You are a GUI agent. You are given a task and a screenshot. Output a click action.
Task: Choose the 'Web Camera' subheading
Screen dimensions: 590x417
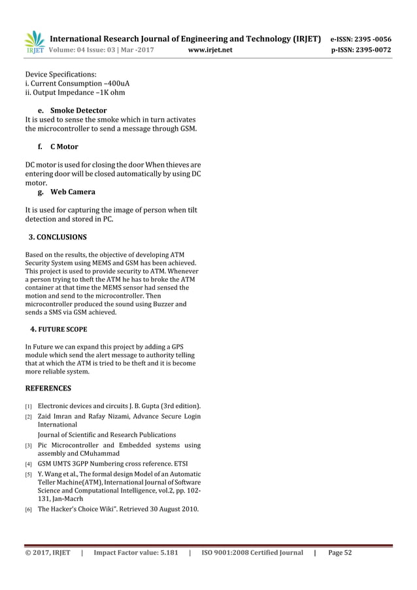[73, 192]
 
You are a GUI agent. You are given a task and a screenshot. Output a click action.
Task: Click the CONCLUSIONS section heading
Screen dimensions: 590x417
[58, 237]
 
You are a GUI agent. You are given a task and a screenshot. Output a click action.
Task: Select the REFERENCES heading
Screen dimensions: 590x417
[48, 388]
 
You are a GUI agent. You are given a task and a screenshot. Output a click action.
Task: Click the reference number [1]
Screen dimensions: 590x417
[29, 406]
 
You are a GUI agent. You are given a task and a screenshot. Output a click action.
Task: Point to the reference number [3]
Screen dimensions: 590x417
[29, 446]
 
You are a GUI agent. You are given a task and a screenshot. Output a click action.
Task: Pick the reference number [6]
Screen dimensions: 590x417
[29, 509]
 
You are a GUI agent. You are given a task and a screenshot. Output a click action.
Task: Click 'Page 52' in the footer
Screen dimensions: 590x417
[340, 553]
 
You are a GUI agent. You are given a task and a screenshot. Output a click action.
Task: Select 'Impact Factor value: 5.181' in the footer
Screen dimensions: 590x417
[136, 553]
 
